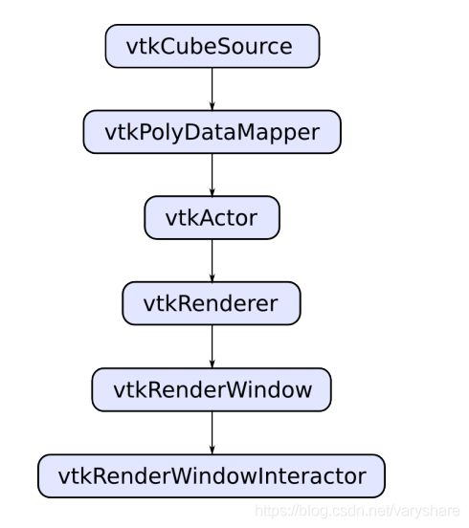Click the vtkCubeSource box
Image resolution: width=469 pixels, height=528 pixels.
212,46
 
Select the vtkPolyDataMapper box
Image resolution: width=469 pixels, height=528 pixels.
212,132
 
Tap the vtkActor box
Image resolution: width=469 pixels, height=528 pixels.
212,218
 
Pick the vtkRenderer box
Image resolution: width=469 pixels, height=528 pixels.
212,303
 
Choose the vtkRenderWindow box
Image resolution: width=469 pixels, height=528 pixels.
212,389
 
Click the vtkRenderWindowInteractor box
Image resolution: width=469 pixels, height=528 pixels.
212,475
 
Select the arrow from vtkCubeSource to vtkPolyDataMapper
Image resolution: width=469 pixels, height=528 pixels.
212,89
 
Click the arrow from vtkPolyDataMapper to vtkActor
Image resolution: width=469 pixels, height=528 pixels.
212,175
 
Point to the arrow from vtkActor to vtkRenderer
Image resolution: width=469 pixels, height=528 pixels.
212,261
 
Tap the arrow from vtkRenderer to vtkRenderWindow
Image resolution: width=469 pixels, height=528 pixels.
212,347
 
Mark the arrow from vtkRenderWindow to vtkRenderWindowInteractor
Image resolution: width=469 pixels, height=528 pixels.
212,433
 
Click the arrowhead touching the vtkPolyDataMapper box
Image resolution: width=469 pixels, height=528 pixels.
212,106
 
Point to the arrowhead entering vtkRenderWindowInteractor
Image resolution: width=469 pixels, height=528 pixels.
212,450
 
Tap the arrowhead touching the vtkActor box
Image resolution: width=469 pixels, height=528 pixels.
212,191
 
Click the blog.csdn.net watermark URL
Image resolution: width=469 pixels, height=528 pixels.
357,511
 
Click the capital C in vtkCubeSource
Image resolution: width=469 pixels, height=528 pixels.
169,46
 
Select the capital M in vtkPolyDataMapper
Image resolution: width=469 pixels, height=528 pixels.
247,132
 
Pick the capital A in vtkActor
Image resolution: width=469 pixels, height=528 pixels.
210,218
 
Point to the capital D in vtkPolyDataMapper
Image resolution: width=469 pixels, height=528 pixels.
193,132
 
